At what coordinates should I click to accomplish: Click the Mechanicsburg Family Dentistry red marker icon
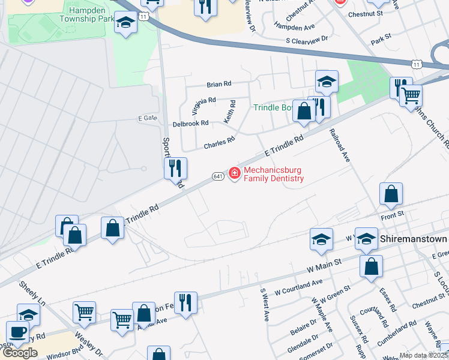(234, 174)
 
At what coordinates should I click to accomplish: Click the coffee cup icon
(17, 332)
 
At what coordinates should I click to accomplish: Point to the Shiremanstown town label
(414, 239)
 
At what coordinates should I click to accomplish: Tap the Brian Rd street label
(218, 85)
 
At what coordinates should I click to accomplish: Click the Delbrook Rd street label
(190, 123)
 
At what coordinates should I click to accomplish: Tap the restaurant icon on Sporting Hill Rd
(175, 168)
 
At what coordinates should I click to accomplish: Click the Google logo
(20, 353)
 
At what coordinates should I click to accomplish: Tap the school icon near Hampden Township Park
(125, 23)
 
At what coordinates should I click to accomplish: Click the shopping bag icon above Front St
(391, 194)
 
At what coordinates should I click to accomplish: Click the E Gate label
(147, 118)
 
